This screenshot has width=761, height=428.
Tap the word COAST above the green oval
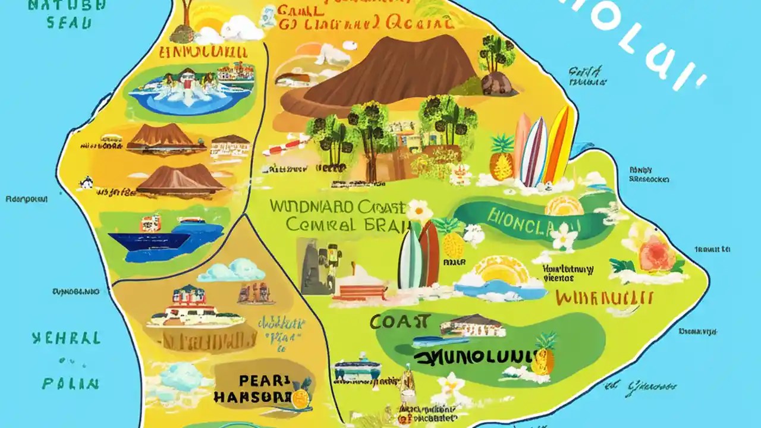[400, 322]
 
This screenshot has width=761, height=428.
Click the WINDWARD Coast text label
[337, 207]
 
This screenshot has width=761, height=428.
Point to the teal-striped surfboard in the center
[410, 256]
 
